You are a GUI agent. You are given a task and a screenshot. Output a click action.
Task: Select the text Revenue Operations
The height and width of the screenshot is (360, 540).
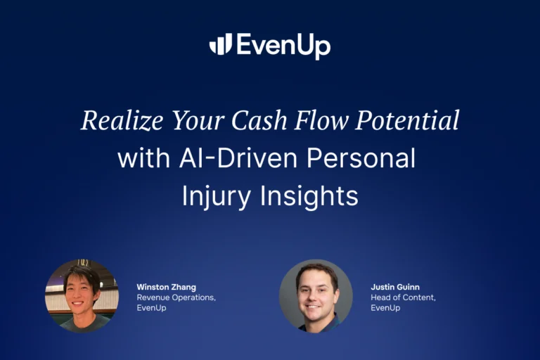(x=176, y=297)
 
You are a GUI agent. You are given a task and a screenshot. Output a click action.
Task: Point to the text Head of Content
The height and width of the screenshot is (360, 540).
(x=404, y=297)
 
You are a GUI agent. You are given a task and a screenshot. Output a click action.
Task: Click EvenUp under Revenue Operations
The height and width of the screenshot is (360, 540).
(x=152, y=308)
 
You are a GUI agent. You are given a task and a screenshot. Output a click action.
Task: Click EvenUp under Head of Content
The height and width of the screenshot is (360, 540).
(x=385, y=308)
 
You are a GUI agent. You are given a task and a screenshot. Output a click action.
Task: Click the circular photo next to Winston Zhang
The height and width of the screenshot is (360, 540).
(x=82, y=296)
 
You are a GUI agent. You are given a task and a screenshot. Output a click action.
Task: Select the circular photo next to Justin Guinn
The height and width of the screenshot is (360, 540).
(x=316, y=296)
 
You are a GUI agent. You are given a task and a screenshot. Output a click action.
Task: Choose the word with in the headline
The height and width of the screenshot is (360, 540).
(x=143, y=158)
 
